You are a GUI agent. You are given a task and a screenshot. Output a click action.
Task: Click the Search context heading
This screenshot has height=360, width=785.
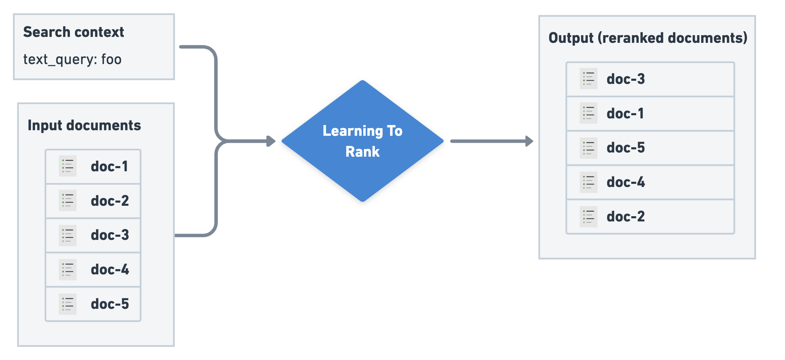coord(73,32)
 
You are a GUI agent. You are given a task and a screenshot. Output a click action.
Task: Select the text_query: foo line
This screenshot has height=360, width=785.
coord(72,60)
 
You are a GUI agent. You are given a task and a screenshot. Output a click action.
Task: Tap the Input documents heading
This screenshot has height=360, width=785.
coord(84,125)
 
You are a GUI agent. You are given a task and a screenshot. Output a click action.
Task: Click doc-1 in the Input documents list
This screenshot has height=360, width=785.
coord(109,166)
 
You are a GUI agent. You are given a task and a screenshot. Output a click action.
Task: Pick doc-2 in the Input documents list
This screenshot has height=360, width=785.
coord(110,201)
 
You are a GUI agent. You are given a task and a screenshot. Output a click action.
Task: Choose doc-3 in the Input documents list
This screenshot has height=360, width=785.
coord(110,235)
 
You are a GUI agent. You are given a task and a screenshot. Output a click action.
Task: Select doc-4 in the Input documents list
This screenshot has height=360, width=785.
coord(110,269)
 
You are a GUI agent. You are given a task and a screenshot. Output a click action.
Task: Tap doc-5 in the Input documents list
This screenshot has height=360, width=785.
coord(110,304)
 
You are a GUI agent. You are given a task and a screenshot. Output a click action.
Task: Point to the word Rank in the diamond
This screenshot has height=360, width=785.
coord(363,152)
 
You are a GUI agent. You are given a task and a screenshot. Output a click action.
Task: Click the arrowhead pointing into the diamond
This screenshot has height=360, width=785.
coord(271,141)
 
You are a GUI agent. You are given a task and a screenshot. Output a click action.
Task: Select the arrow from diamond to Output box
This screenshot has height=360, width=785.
coord(491,141)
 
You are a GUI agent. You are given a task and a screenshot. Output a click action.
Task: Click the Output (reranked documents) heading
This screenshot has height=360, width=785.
coord(648,38)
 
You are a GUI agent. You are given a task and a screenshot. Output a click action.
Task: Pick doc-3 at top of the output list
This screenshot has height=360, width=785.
coord(625,79)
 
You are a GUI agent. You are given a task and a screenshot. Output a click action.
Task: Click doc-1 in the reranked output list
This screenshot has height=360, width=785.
coord(625,114)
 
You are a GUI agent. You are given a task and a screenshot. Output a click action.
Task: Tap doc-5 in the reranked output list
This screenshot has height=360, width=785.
coord(625,148)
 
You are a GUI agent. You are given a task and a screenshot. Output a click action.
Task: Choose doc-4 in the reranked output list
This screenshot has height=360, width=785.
coord(625,182)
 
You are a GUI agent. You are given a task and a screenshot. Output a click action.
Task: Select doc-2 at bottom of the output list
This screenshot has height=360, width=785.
coord(625,217)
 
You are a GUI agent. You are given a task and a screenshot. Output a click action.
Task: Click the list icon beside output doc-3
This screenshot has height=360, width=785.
coord(588,79)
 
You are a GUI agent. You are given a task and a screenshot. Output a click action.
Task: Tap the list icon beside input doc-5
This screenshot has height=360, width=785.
coord(68,304)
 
